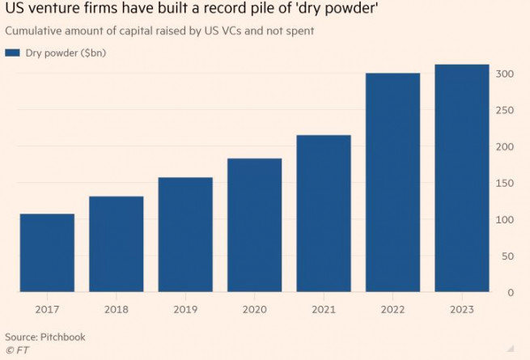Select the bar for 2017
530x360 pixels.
[47, 252]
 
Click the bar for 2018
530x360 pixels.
[116, 244]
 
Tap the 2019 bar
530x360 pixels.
[185, 234]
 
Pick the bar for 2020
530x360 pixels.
[254, 225]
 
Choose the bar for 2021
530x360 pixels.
[324, 213]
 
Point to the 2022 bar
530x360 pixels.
[392, 182]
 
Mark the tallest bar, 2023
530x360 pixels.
[462, 178]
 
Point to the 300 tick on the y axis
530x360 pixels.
[504, 74]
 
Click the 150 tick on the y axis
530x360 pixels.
[504, 184]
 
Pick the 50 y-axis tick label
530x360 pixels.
[507, 256]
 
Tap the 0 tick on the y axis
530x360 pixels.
[510, 292]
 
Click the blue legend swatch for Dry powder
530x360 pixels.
[12, 53]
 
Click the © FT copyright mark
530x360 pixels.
[15, 349]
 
